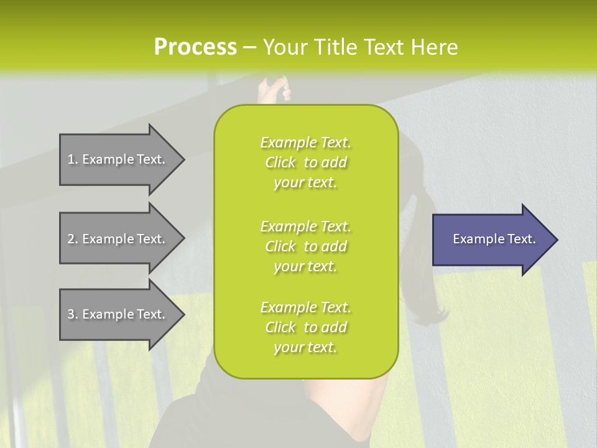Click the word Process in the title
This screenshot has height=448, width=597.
(x=195, y=47)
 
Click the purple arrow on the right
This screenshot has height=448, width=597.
(x=491, y=240)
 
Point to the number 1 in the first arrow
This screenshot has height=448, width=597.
(x=71, y=160)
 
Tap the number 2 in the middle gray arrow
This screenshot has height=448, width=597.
(x=71, y=239)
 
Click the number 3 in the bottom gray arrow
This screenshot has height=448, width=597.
(x=71, y=315)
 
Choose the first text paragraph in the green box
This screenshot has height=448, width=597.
(x=305, y=162)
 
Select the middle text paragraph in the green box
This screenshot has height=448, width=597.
(x=305, y=246)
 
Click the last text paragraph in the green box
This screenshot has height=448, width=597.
(x=305, y=327)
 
